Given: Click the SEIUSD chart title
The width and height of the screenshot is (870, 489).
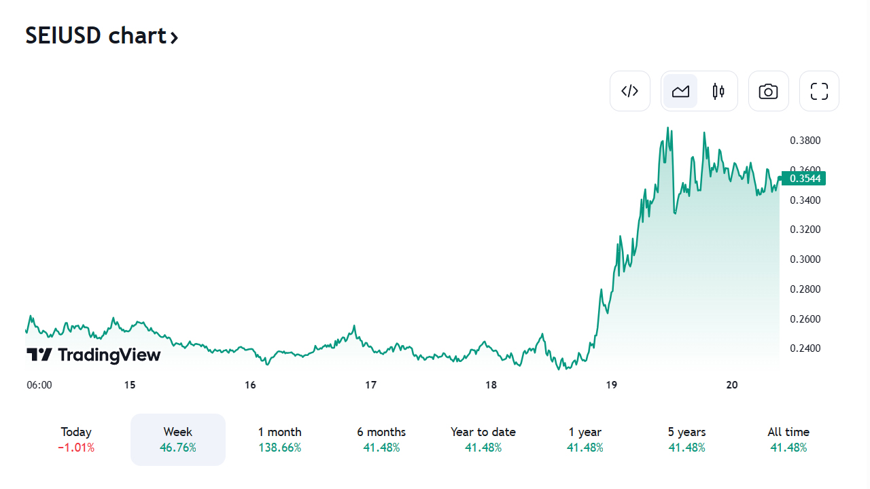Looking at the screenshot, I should [x=101, y=35].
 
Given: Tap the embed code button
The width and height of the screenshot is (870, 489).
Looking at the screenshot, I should [x=630, y=91].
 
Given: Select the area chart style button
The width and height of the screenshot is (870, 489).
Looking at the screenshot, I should [x=680, y=91].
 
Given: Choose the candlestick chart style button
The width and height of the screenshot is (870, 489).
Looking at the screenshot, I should [x=718, y=91].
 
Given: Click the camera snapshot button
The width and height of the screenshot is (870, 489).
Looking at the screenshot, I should [x=768, y=91].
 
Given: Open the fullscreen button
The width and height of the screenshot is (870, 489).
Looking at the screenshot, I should [x=819, y=91].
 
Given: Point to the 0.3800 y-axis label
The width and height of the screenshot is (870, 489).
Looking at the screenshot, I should [x=805, y=141].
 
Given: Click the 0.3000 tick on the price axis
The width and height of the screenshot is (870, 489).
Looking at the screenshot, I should [x=805, y=259].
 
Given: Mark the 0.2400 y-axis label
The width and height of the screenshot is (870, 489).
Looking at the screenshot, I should [x=805, y=348].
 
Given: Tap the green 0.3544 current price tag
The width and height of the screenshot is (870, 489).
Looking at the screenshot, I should [x=805, y=179].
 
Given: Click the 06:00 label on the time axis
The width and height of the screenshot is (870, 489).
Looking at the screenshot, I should [x=39, y=385].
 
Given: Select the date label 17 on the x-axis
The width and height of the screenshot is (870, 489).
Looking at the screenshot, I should [x=370, y=385].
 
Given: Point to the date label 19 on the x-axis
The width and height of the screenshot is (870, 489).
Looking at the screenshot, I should [x=611, y=385].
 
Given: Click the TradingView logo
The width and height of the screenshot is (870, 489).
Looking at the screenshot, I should [x=94, y=355].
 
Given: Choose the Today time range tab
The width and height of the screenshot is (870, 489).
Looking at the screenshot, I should [x=76, y=439].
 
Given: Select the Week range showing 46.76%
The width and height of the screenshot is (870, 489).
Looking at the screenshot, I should [x=178, y=439].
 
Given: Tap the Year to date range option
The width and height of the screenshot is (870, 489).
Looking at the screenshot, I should [x=483, y=439].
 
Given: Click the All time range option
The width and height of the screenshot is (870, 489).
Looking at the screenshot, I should [x=788, y=439].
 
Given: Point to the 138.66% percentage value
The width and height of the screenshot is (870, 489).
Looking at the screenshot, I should [x=279, y=448].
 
